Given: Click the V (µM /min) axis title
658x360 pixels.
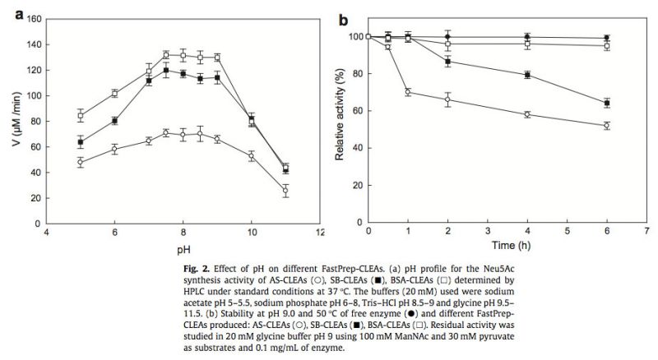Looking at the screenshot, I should [12, 121].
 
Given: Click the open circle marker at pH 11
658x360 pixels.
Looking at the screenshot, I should [285, 189].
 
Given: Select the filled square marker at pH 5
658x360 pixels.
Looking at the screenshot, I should [81, 142].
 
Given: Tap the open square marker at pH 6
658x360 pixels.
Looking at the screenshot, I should [114, 93].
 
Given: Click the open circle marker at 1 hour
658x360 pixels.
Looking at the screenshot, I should [408, 92].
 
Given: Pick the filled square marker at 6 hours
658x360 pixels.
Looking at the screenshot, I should [607, 103].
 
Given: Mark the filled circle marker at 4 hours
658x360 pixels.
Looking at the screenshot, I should [527, 36].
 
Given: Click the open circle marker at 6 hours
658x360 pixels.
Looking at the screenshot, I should [607, 126].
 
